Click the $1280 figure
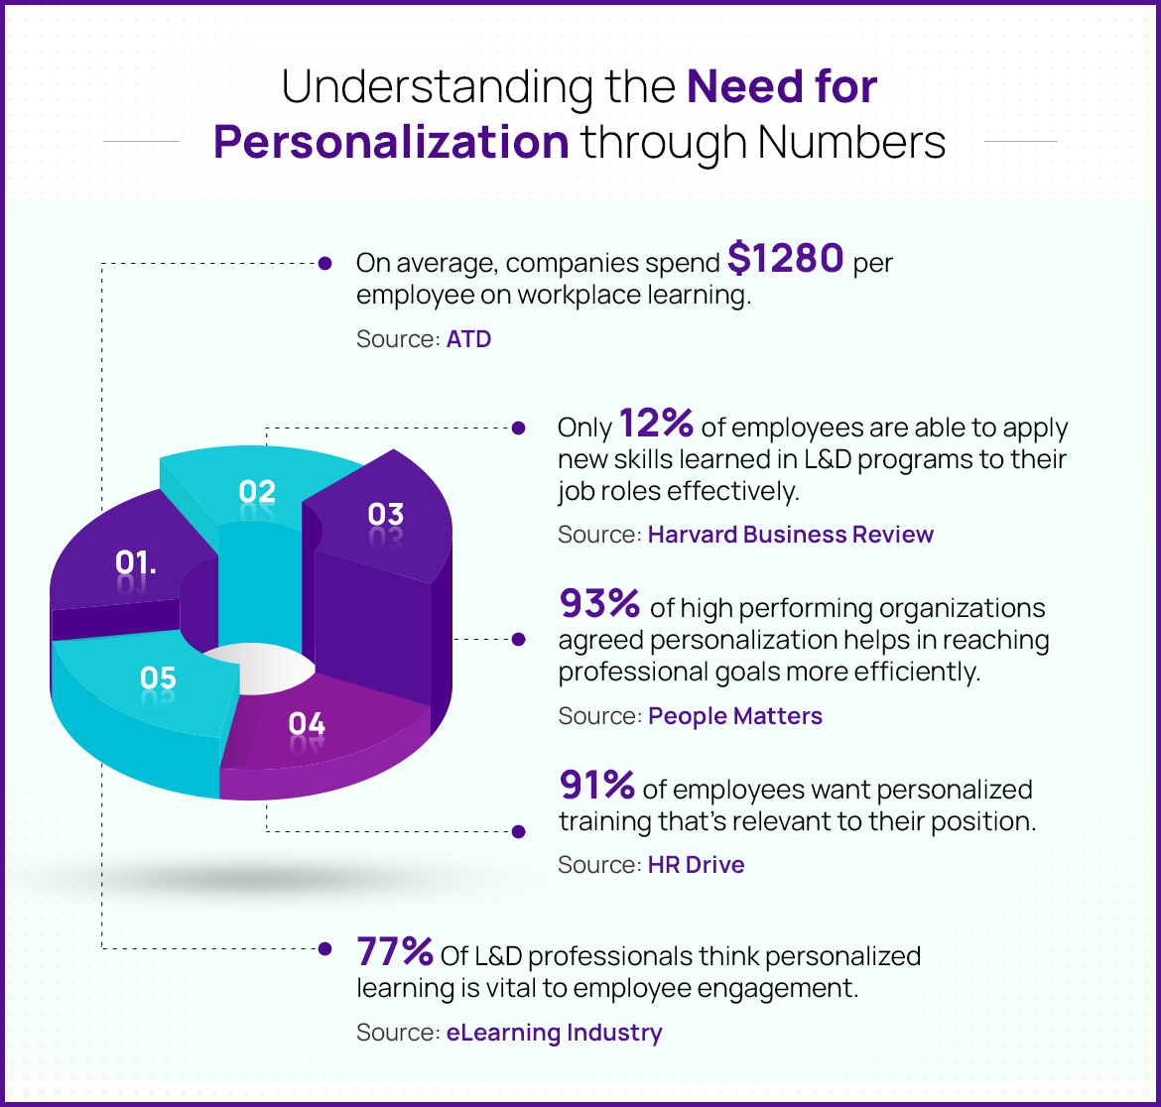(786, 260)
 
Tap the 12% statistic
(656, 425)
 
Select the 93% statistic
(599, 603)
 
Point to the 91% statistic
(596, 786)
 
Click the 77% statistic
(394, 952)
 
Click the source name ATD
(468, 339)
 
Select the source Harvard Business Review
(790, 535)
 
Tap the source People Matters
(735, 716)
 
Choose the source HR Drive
(696, 865)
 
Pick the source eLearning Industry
(554, 1033)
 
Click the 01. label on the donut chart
(136, 562)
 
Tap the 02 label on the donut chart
(257, 491)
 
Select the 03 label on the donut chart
(385, 514)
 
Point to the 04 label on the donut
(307, 724)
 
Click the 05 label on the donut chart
(158, 678)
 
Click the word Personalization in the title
(391, 142)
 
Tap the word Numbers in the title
(851, 142)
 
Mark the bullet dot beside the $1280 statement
(323, 263)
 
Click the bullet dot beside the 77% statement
(323, 949)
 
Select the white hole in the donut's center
(258, 671)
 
